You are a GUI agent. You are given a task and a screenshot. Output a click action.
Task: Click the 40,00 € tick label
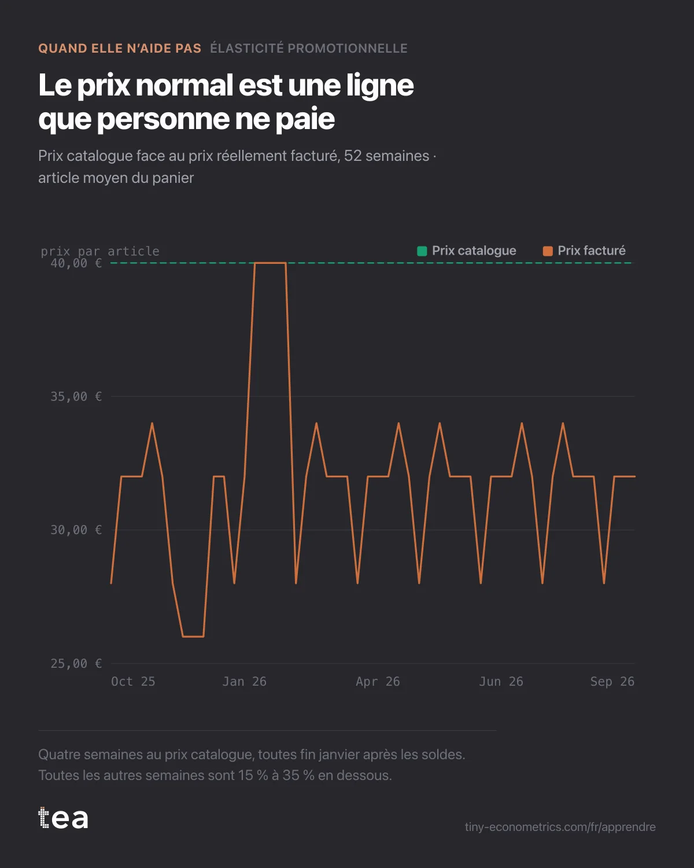point(76,263)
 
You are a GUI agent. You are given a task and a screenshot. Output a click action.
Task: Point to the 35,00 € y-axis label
point(76,396)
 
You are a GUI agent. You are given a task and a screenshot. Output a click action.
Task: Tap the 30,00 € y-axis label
point(76,530)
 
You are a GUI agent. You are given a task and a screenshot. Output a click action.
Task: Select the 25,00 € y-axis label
point(76,664)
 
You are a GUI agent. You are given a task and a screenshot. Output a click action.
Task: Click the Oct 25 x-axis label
point(133,682)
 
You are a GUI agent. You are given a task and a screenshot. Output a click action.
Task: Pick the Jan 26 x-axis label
point(245,682)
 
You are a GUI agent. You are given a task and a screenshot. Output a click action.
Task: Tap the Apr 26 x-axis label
point(378,682)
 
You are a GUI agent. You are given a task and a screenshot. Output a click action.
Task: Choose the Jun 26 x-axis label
point(501,682)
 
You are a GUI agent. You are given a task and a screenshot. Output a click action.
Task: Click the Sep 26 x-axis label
point(612,682)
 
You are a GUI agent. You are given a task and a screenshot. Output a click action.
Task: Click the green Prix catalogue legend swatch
point(422,251)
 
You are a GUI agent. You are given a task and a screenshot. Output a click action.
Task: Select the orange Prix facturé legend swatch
point(548,251)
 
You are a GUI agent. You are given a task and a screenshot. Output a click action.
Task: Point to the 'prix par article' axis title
point(100,251)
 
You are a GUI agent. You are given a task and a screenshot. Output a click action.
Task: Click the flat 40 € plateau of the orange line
point(270,263)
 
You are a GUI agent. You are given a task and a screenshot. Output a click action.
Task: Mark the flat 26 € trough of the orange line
point(193,637)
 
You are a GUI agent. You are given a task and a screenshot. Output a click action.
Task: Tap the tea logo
point(63,818)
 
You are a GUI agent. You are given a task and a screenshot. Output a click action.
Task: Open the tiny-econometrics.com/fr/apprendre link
point(560,827)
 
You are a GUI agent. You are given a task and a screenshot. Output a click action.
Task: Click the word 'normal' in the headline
point(184,86)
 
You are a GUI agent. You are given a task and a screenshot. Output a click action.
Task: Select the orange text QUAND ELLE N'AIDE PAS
point(120,49)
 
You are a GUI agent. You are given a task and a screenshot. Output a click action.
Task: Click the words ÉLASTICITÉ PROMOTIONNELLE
point(309,49)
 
